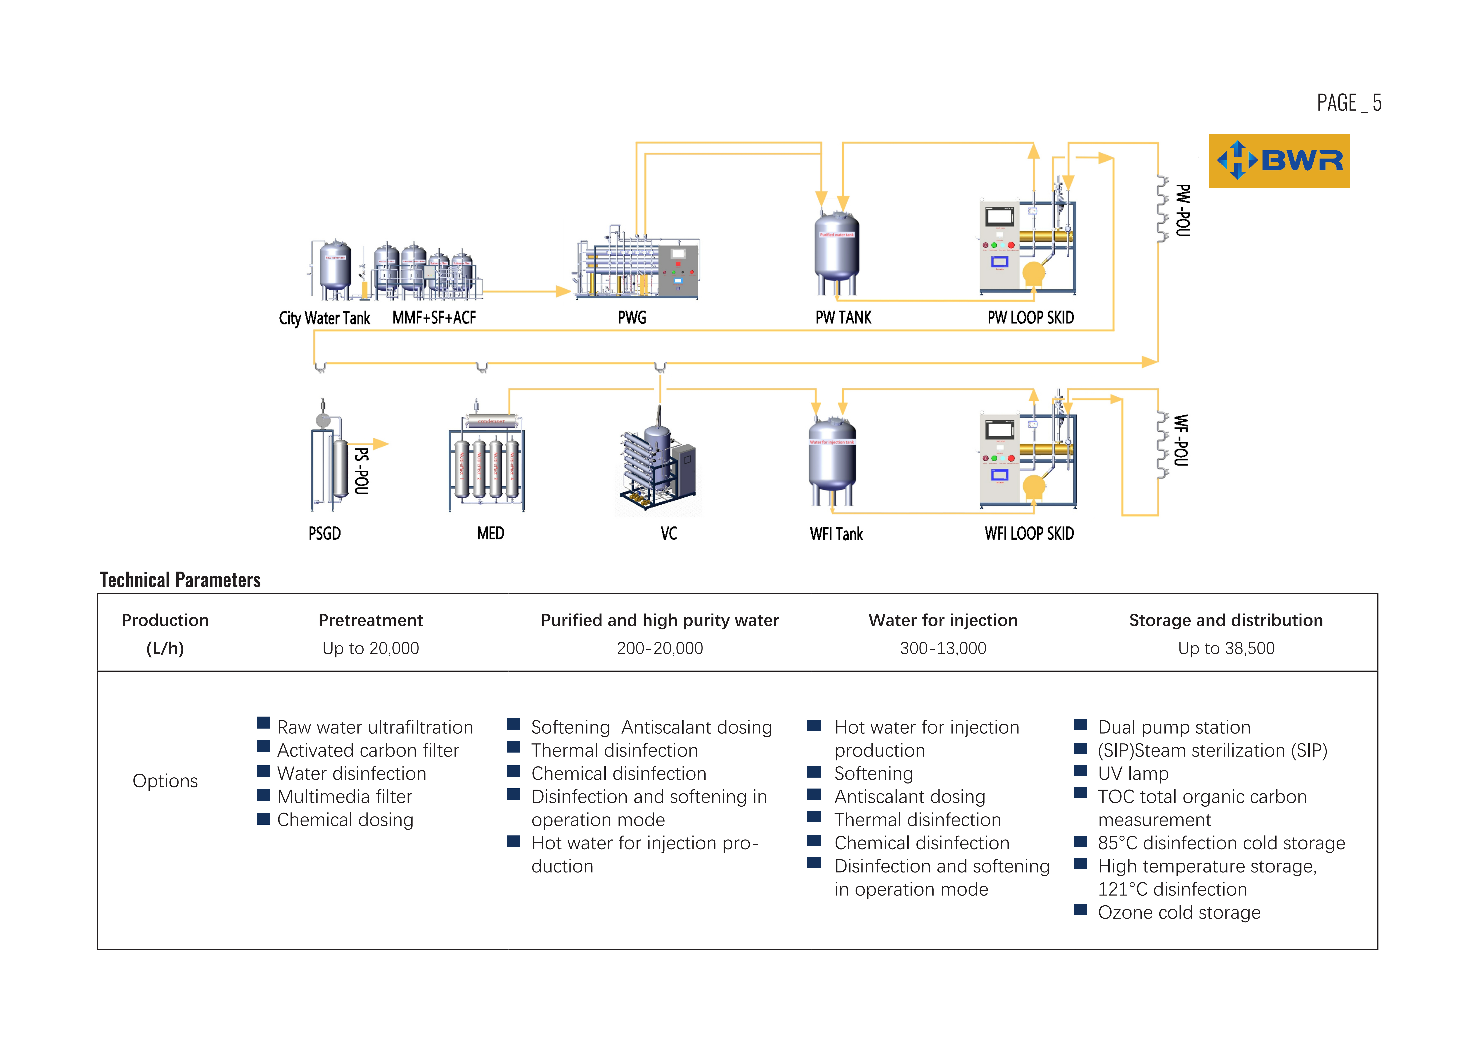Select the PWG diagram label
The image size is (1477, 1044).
(x=632, y=318)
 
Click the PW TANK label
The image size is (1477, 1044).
(x=843, y=318)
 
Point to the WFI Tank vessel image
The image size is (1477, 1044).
(x=832, y=460)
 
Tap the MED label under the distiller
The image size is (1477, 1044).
(x=490, y=533)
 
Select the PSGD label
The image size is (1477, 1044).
(x=324, y=533)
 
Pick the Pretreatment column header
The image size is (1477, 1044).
(x=371, y=620)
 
